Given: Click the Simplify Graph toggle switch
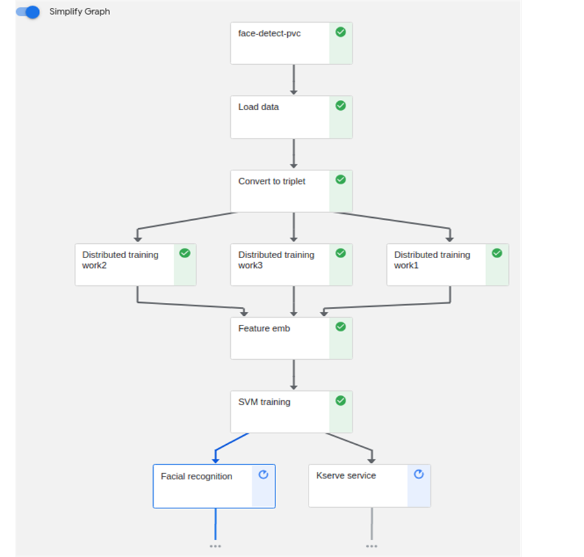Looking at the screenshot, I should pos(28,12).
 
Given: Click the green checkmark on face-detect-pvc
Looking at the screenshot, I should pos(340,32).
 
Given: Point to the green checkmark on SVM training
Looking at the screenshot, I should pos(340,401).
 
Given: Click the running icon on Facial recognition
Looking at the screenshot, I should pos(263,475).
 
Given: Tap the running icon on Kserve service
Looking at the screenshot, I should pos(419,474).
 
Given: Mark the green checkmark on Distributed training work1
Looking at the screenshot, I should pos(496,253).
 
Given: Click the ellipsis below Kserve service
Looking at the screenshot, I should pos(371,546).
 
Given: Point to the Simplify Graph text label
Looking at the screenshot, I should pos(80,12).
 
